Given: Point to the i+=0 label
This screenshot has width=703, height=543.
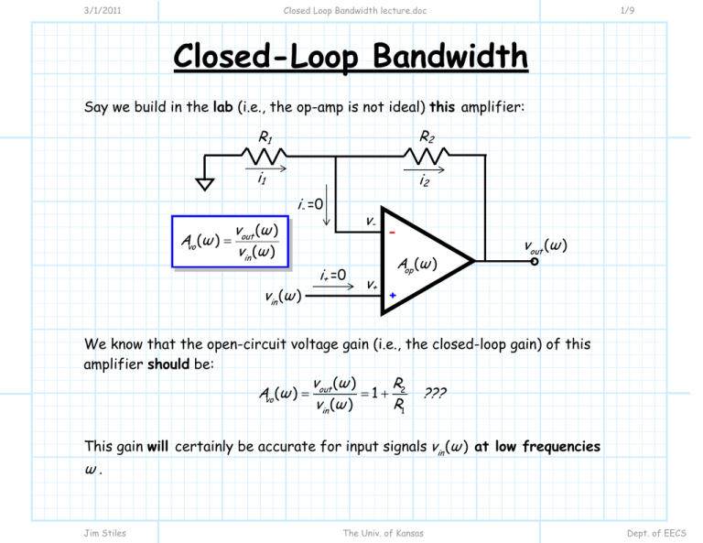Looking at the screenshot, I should [x=334, y=276].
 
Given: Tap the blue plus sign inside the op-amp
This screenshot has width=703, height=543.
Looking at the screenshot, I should [x=392, y=295].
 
